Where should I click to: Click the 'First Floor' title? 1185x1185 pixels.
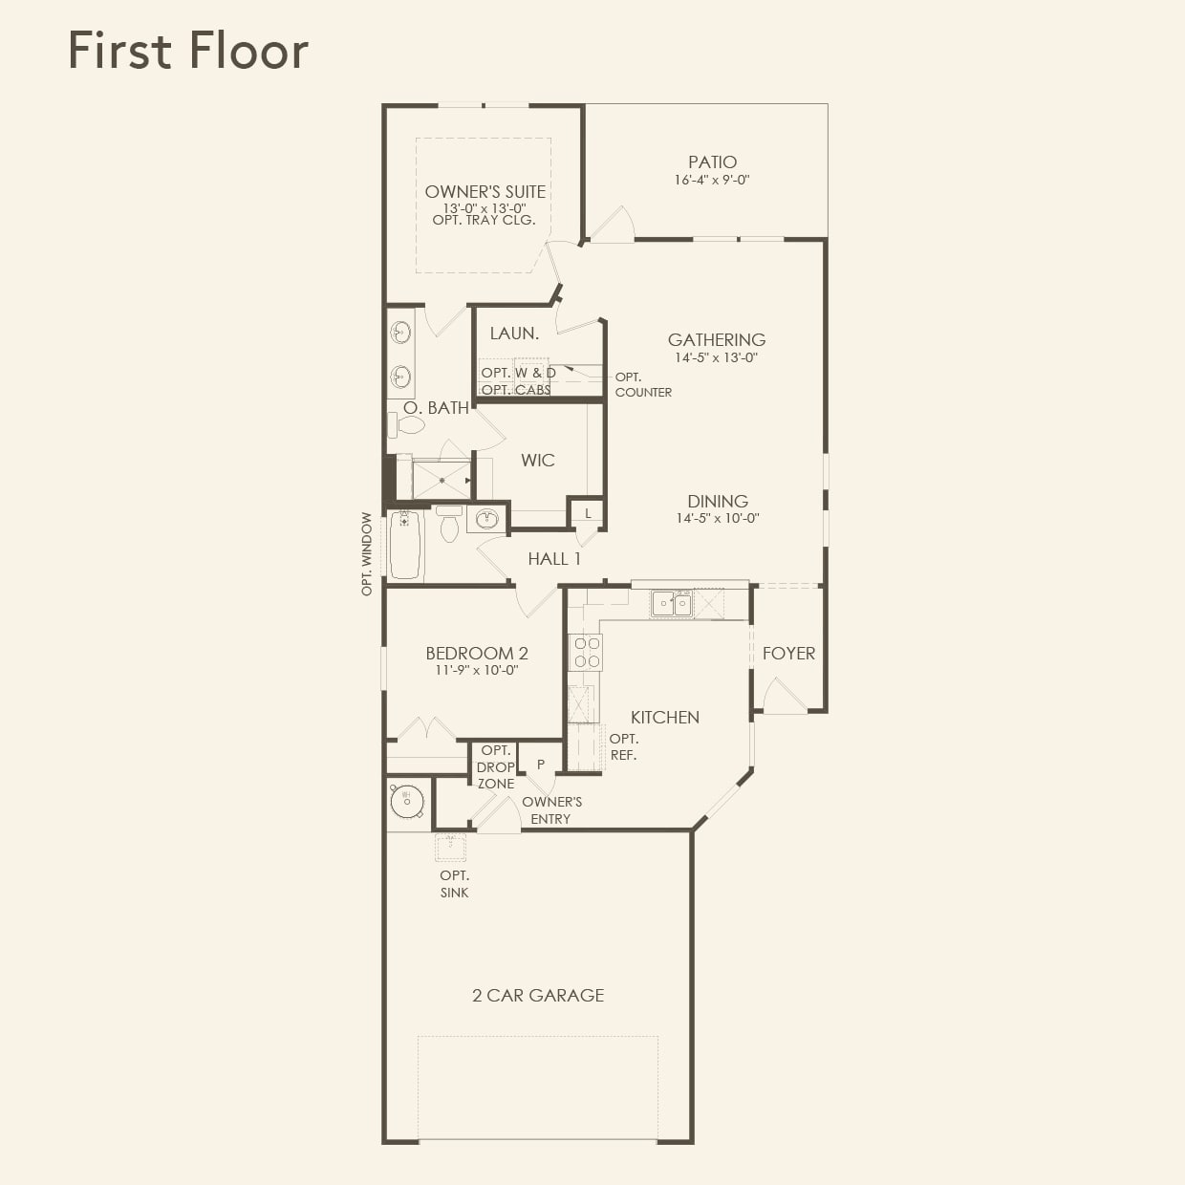coord(188,51)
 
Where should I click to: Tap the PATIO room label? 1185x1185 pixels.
coord(712,162)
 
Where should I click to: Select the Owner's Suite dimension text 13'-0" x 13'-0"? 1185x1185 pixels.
coord(485,207)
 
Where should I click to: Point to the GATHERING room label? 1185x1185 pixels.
coord(716,340)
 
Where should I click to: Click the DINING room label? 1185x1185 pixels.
coord(717,502)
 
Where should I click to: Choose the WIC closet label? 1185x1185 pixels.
coord(537,461)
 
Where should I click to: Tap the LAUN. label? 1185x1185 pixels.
coord(514,334)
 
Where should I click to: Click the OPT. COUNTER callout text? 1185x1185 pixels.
coord(642,384)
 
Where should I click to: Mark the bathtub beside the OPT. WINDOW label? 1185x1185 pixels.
coord(405,545)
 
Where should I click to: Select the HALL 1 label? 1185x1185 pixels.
coord(553,559)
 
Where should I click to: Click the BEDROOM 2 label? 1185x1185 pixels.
coord(476,654)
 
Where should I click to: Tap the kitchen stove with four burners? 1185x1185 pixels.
coord(585,652)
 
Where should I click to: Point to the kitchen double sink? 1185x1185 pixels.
coord(672,603)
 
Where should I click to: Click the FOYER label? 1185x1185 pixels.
coord(788,654)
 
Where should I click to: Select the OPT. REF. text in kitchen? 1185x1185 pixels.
coord(623,746)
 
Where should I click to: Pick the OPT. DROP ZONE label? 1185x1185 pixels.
coord(496,766)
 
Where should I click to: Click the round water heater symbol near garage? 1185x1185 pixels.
coord(406,800)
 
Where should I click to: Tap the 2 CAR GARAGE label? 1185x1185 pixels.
coord(537,996)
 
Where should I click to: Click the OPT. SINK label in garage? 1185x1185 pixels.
coord(454,884)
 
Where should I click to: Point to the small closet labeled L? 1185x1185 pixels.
coord(588,514)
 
